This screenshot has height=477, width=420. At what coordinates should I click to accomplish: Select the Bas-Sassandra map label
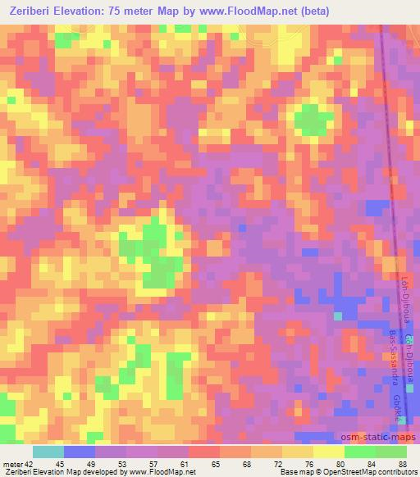tap(395, 360)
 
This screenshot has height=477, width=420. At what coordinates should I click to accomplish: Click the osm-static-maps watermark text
tap(380, 438)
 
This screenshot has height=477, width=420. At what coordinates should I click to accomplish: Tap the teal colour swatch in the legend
tap(48, 452)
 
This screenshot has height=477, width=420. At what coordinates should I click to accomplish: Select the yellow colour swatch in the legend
tap(329, 452)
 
